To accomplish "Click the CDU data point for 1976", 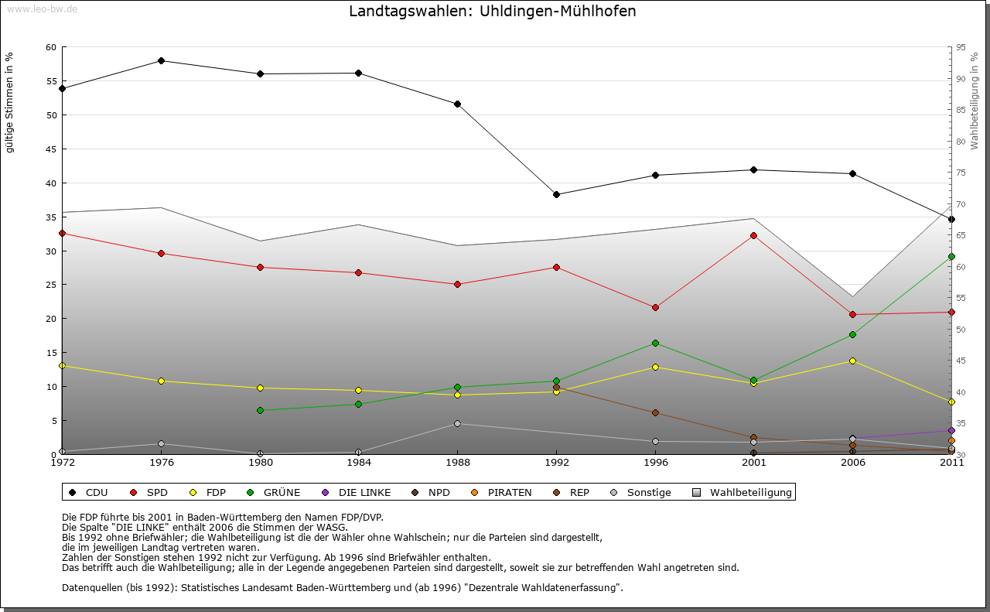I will [161, 60].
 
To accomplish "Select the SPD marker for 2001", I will [754, 235].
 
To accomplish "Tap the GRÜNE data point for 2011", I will [951, 256].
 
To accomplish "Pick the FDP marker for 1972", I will [63, 365].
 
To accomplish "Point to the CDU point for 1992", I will [556, 194].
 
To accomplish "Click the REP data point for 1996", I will [655, 412].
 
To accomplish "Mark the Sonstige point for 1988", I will [457, 423].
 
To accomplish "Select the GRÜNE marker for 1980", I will [260, 410].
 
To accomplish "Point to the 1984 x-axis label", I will [358, 463].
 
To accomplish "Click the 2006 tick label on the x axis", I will [852, 463].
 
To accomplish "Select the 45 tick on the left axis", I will [51, 149].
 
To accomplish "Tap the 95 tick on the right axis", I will [960, 47].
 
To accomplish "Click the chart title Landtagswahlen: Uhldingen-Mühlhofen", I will [493, 11].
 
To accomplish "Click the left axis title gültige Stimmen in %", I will [9, 103].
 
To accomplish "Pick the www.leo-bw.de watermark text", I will [42, 9].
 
